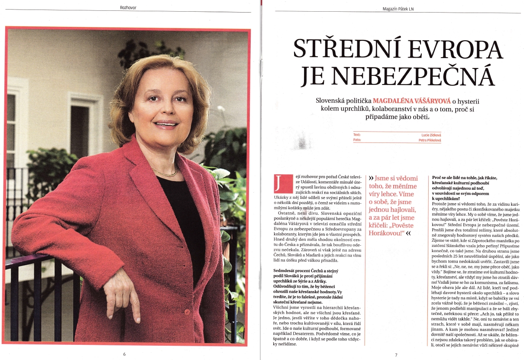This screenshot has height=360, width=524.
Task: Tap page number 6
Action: click(124, 354)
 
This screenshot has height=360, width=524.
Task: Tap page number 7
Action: click(395, 355)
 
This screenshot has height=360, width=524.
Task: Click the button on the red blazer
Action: click(187, 312)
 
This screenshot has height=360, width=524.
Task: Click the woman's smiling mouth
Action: click(166, 124)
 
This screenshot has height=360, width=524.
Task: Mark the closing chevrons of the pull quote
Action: click(408, 234)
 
